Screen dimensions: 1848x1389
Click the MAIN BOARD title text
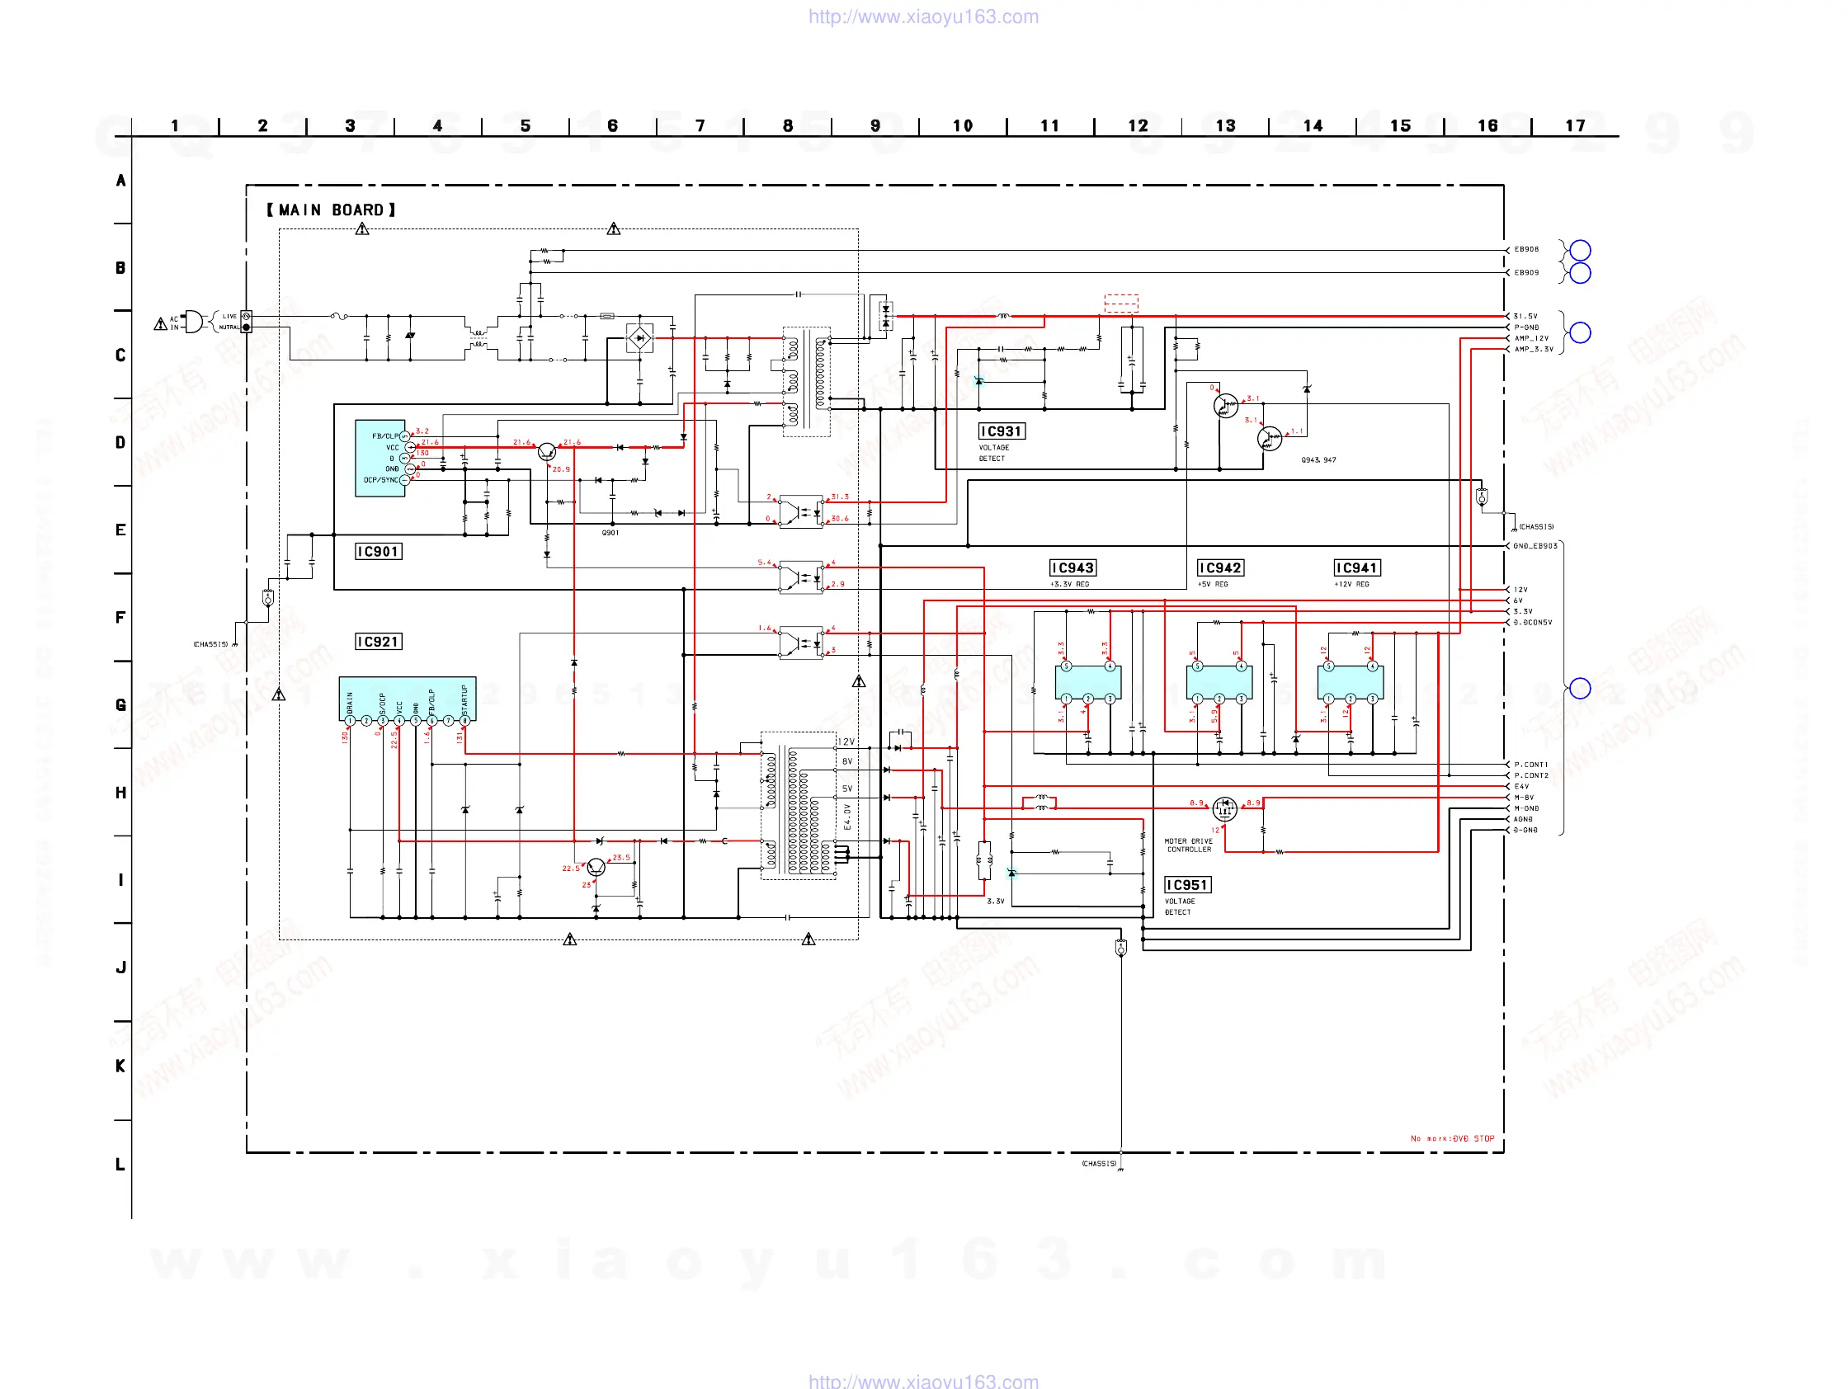pyautogui.click(x=331, y=210)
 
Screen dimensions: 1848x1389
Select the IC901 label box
pyautogui.click(x=379, y=551)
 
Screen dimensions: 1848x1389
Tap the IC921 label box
pyautogui.click(x=379, y=642)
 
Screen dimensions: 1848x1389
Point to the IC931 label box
pyautogui.click(x=1001, y=431)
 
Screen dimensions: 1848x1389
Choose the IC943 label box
pyautogui.click(x=1072, y=568)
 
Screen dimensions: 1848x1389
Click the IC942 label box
pyautogui.click(x=1219, y=568)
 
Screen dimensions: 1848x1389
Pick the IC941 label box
pyautogui.click(x=1357, y=568)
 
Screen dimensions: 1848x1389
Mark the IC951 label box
pyautogui.click(x=1186, y=884)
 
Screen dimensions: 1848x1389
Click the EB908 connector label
pyautogui.click(x=1526, y=249)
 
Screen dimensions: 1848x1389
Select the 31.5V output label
pyautogui.click(x=1525, y=316)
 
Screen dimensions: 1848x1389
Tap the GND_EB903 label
pyautogui.click(x=1534, y=545)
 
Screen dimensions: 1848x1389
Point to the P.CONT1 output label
pyautogui.click(x=1530, y=765)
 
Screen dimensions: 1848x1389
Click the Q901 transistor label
pyautogui.click(x=610, y=532)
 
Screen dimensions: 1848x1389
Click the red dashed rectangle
pyautogui.click(x=1120, y=303)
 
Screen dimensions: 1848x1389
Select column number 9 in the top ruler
pyautogui.click(x=874, y=125)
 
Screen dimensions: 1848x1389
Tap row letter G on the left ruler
pyautogui.click(x=121, y=704)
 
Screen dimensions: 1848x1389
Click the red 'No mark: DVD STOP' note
pyautogui.click(x=1452, y=1138)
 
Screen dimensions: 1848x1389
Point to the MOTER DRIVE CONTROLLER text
pyautogui.click(x=1188, y=845)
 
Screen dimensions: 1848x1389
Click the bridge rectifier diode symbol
pyautogui.click(x=640, y=338)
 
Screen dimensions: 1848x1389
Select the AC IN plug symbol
pyautogui.click(x=192, y=322)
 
